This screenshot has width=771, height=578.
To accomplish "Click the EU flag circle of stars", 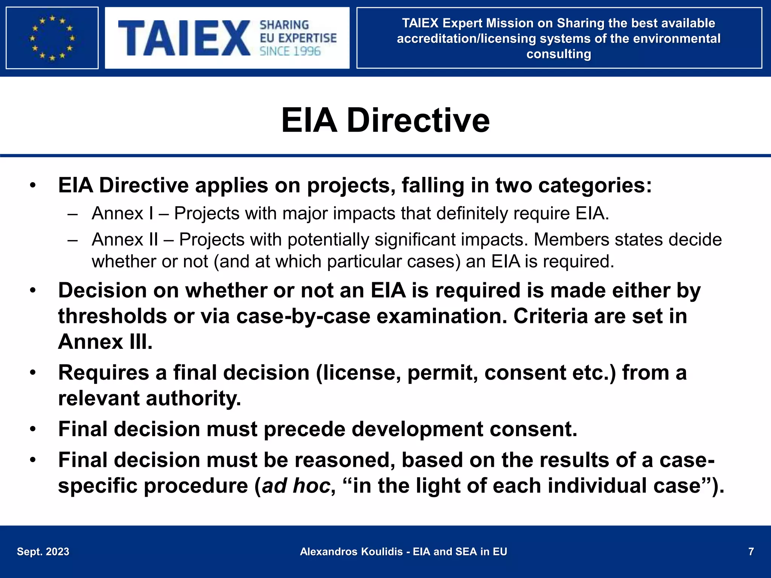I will click(x=52, y=38).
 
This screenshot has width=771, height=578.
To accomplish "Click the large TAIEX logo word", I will click(x=184, y=38).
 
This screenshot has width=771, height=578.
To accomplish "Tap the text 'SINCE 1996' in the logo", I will click(x=290, y=52).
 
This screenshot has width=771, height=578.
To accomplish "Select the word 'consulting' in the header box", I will click(x=559, y=54).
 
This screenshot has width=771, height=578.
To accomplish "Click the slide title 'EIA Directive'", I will click(x=385, y=120).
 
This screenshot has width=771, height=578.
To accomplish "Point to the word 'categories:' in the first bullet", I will click(x=595, y=186).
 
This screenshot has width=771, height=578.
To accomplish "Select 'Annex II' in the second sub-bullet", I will click(x=125, y=240).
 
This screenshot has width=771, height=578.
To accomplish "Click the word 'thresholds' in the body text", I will click(x=112, y=316).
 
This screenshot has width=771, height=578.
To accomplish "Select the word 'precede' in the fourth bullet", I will click(x=304, y=429).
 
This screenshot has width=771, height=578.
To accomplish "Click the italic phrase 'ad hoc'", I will click(x=296, y=486).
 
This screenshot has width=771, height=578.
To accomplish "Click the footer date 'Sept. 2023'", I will click(x=43, y=552).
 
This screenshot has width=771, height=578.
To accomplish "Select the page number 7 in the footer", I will click(x=751, y=552).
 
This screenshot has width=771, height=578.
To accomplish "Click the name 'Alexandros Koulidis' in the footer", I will click(x=351, y=552).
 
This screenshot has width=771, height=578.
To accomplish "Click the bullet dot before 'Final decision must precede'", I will click(x=33, y=429).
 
